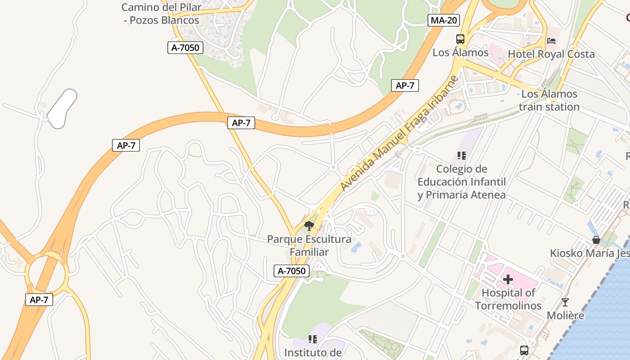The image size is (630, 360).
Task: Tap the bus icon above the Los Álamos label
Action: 460,39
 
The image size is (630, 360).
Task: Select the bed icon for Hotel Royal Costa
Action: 551,41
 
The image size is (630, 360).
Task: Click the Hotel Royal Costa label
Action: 551,54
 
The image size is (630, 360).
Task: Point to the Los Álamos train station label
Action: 549,100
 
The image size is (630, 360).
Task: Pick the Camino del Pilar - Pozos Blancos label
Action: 161,14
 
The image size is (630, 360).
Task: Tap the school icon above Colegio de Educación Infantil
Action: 461,156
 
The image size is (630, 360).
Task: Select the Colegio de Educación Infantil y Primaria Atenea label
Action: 462,182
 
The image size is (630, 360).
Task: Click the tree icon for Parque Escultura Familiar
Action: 309,225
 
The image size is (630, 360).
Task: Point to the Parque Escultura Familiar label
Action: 309,245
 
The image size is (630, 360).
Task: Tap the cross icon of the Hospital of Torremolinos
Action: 508,279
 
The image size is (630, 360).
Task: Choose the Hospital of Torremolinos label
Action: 508,299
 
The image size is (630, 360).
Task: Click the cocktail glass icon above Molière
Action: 565,302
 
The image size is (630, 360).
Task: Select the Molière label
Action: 565,315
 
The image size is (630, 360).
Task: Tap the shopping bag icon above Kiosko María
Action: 596,240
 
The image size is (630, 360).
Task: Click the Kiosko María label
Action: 589,253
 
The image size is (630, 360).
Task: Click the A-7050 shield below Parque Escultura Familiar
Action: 292,271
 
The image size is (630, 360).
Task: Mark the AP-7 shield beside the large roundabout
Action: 39,300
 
